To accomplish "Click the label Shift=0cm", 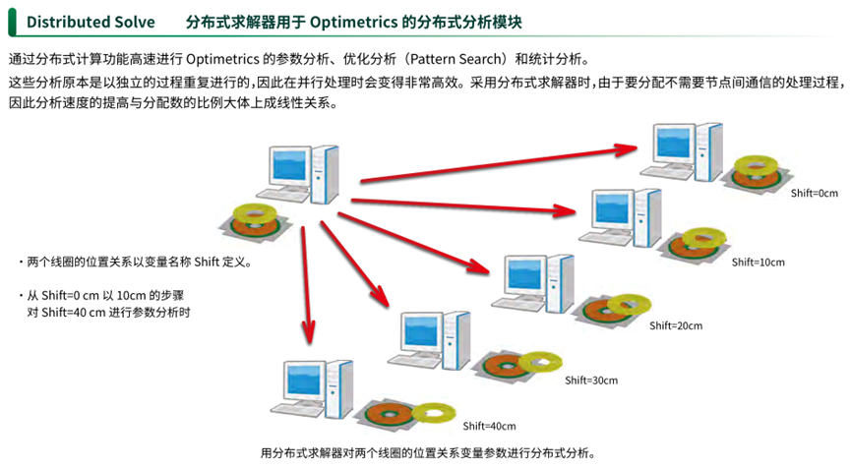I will [x=814, y=194].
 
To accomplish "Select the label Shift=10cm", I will [x=758, y=263].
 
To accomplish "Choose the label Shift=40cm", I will [x=489, y=426].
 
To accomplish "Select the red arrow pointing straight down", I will [x=308, y=285].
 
